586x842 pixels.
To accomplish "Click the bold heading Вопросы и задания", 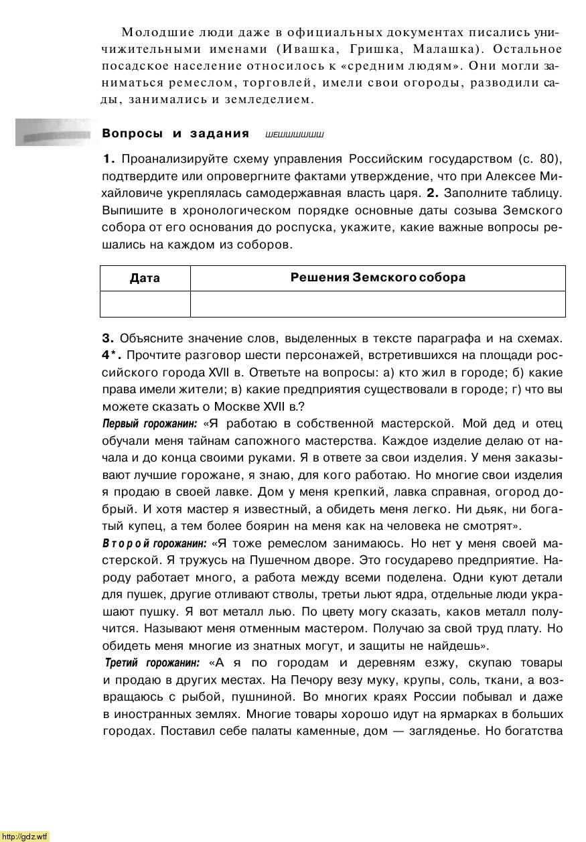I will [x=175, y=133].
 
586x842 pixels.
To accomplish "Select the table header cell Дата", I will [x=145, y=278].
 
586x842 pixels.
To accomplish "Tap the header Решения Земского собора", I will [x=378, y=277].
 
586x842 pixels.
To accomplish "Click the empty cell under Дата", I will [x=145, y=303].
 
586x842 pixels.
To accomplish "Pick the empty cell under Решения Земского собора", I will [x=378, y=303].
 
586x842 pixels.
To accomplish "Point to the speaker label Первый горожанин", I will [x=149, y=424].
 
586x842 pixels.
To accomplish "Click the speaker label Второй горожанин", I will [x=155, y=543].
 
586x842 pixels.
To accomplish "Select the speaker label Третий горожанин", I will [x=152, y=662].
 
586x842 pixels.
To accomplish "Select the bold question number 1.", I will [x=108, y=159].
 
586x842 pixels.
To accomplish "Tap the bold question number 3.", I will [x=108, y=338].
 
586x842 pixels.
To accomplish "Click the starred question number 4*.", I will [x=111, y=355].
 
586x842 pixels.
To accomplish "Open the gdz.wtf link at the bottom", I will [x=25, y=836].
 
